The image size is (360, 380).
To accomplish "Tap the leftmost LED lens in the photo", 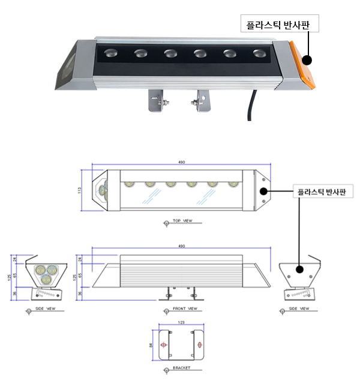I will pyautogui.click(x=112, y=53).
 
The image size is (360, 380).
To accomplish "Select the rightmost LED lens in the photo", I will pyautogui.click(x=259, y=54).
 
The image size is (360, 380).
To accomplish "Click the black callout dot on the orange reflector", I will pyautogui.click(x=307, y=60).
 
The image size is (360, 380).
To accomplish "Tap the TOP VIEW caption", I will pyautogui.click(x=182, y=221).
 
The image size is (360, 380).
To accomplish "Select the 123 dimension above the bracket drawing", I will pyautogui.click(x=181, y=322).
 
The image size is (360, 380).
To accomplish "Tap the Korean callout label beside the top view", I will pyautogui.click(x=322, y=192).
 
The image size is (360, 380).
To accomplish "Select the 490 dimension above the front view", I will pyautogui.click(x=181, y=246).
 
